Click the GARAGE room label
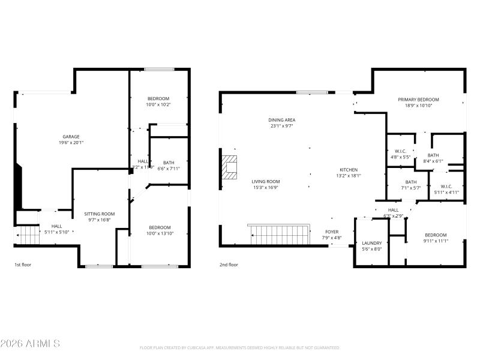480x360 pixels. [71, 136]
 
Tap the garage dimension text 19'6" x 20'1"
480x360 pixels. [71, 143]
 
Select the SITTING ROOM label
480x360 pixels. [99, 214]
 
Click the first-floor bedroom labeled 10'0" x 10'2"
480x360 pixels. [158, 101]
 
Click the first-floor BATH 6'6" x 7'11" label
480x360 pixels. [169, 166]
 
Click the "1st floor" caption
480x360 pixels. [23, 265]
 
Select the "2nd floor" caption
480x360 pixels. [229, 265]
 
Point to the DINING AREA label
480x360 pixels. [281, 119]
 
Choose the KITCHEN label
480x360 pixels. [348, 169]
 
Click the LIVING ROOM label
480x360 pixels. [265, 181]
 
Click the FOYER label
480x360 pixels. [332, 231]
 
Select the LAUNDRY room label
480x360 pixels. [372, 243]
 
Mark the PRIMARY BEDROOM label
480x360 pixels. [419, 99]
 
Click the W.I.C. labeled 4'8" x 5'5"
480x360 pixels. [401, 154]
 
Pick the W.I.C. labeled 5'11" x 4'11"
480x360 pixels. [446, 189]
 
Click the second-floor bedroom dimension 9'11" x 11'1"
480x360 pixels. [436, 241]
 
